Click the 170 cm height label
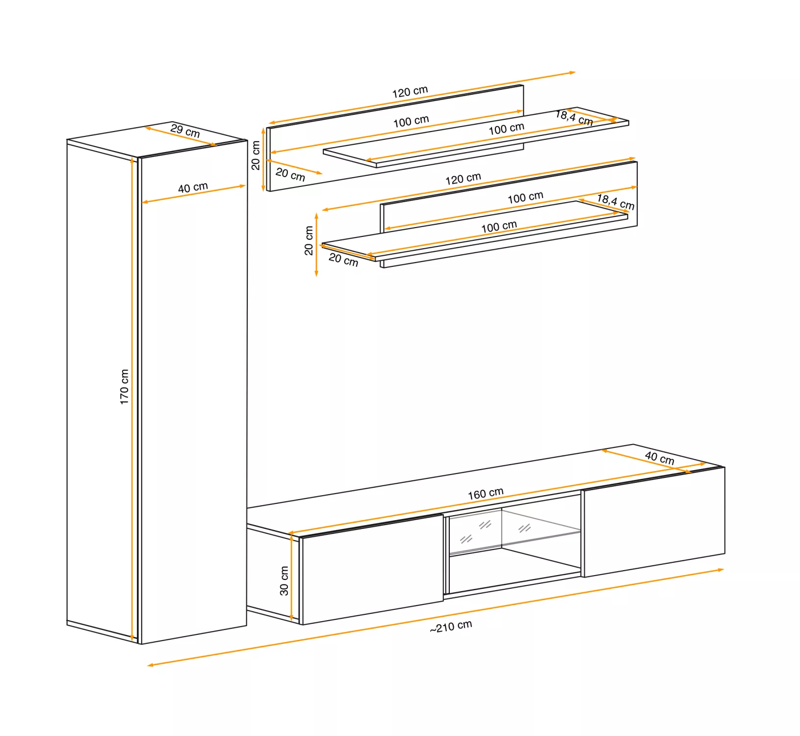pyautogui.click(x=125, y=387)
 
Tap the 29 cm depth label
pyautogui.click(x=185, y=131)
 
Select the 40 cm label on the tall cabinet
pyautogui.click(x=193, y=187)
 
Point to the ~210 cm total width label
pyautogui.click(x=451, y=627)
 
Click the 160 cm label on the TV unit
pyautogui.click(x=486, y=494)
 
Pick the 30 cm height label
pyautogui.click(x=284, y=581)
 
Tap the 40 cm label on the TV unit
pyautogui.click(x=660, y=458)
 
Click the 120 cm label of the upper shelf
pyautogui.click(x=410, y=92)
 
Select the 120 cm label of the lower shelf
pyautogui.click(x=463, y=179)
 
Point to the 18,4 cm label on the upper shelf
pyautogui.click(x=574, y=118)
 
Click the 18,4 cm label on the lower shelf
pyautogui.click(x=616, y=202)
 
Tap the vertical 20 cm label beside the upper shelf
pyautogui.click(x=256, y=156)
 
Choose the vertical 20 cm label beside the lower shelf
pyautogui.click(x=309, y=240)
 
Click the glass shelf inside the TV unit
pyautogui.click(x=515, y=543)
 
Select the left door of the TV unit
pyautogui.click(x=372, y=570)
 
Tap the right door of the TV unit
pyautogui.click(x=654, y=522)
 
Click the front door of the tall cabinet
pyautogui.click(x=194, y=392)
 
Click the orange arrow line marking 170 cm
pyautogui.click(x=132, y=399)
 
